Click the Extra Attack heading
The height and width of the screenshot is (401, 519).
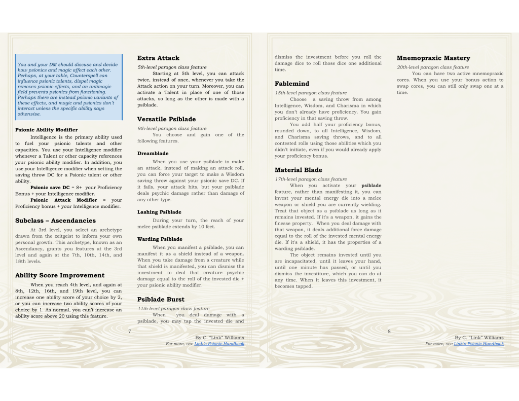tap(158, 58)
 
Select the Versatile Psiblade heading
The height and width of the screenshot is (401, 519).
tap(166, 120)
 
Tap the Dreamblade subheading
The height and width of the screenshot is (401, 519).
tap(153, 154)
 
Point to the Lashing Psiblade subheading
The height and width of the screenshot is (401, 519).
tap(159, 212)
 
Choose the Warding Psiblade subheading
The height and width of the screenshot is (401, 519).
tap(160, 239)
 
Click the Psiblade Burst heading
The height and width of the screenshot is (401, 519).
tap(161, 300)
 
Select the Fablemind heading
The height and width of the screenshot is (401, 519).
tap(291, 84)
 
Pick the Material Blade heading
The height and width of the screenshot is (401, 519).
tap(298, 170)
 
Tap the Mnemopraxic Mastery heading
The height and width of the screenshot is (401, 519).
tap(433, 58)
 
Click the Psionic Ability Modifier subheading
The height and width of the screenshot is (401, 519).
tap(46, 130)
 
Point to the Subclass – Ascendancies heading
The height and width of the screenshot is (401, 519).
tap(55, 221)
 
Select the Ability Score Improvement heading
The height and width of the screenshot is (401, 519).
tap(60, 276)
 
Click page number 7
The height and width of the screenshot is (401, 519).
tap(130, 331)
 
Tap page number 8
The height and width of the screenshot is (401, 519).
tap(389, 331)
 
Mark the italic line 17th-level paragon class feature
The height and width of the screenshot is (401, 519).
tap(311, 179)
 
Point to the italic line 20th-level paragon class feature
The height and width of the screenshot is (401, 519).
tap(432, 67)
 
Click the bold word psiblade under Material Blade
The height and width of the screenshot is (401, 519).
tap(371, 186)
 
